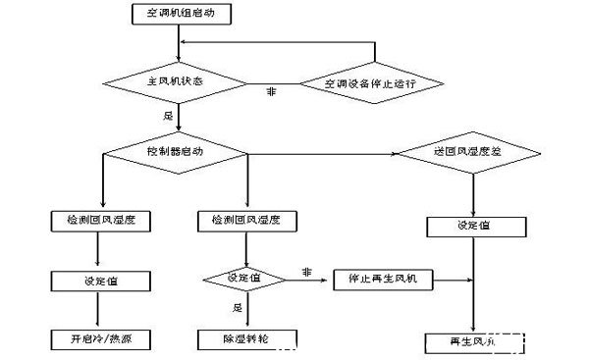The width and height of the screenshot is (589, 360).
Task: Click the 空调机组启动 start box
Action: [178, 15]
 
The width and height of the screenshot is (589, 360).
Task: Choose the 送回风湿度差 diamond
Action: [467, 154]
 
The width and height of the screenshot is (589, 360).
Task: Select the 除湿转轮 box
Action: [245, 339]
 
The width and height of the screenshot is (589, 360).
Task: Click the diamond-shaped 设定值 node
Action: [245, 279]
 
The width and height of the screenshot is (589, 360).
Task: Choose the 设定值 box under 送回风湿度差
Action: [474, 226]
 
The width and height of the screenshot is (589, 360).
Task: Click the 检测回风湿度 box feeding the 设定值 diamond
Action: [245, 221]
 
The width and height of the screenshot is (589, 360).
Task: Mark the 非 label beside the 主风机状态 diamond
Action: [270, 92]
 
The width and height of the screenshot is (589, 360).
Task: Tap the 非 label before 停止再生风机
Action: [306, 271]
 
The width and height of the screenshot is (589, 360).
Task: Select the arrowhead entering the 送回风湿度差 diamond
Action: [394, 154]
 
